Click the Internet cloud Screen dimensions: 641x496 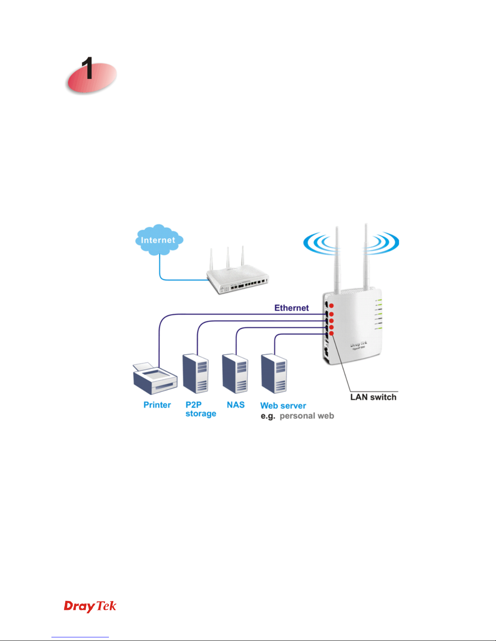click(159, 240)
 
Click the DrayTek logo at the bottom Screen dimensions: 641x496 click(90, 606)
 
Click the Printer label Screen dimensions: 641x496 click(157, 405)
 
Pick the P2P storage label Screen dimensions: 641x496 click(200, 409)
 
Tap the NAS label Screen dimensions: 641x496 click(236, 405)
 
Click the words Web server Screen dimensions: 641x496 click(283, 406)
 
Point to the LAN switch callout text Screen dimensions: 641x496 click(373, 397)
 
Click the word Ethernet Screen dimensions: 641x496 click(292, 308)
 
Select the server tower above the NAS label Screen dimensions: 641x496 click(235, 373)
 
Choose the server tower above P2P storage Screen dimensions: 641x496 click(196, 373)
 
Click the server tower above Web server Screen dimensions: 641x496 click(274, 373)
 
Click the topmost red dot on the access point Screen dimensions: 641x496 click(331, 306)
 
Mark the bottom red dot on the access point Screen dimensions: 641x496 click(331, 333)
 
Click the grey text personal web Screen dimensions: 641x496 click(307, 416)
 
